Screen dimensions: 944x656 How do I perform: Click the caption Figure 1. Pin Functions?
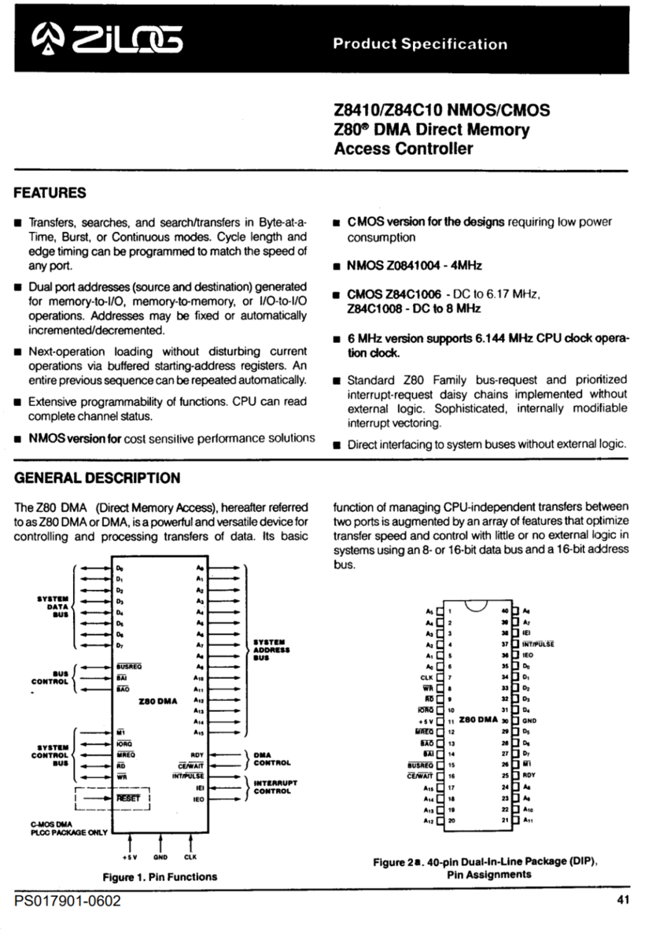(x=160, y=876)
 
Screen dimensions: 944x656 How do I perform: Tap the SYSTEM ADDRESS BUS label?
(x=271, y=650)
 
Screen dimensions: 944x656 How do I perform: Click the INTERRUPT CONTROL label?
(x=274, y=787)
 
